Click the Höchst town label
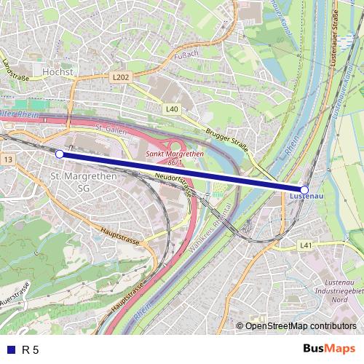(x=58, y=73)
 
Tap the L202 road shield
(x=121, y=76)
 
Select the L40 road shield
(x=171, y=109)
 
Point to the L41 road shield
(x=306, y=246)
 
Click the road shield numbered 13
(x=8, y=159)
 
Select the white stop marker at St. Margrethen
(x=59, y=154)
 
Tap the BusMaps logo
(x=328, y=349)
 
